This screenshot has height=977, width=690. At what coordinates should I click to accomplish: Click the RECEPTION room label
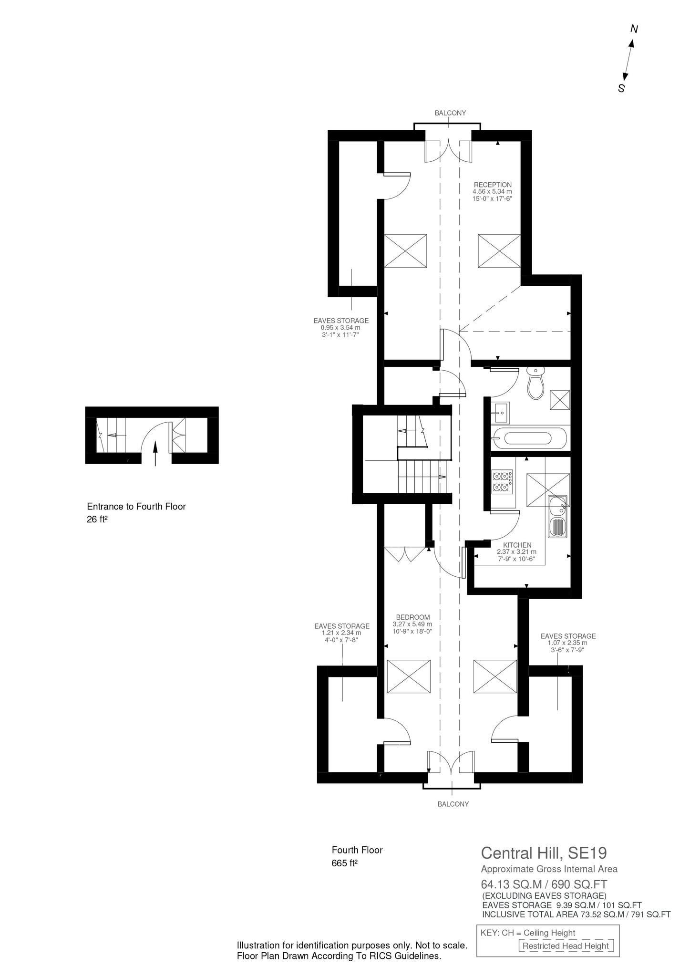pyautogui.click(x=492, y=185)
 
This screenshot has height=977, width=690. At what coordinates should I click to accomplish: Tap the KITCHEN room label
pyautogui.click(x=517, y=545)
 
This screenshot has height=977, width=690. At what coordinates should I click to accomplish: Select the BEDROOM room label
pyautogui.click(x=412, y=617)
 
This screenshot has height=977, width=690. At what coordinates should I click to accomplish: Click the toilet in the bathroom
pyautogui.click(x=536, y=382)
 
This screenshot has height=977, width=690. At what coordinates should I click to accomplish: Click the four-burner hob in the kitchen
pyautogui.click(x=503, y=482)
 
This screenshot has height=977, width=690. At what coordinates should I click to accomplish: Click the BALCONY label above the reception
pyautogui.click(x=450, y=113)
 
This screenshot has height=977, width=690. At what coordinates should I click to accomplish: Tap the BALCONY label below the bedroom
pyautogui.click(x=453, y=804)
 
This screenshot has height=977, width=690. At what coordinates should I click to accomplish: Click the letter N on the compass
pyautogui.click(x=634, y=29)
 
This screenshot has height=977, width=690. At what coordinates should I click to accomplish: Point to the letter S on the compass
pyautogui.click(x=621, y=88)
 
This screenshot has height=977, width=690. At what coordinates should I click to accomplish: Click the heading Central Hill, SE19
pyautogui.click(x=544, y=853)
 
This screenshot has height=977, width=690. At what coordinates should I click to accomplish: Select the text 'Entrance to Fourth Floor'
pyautogui.click(x=136, y=507)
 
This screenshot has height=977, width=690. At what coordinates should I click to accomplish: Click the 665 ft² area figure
pyautogui.click(x=344, y=863)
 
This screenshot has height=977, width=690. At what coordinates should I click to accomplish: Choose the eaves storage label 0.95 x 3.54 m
pyautogui.click(x=340, y=328)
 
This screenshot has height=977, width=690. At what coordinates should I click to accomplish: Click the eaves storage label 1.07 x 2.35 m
pyautogui.click(x=567, y=643)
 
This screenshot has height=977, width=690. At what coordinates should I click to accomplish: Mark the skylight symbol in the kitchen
pyautogui.click(x=548, y=490)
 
